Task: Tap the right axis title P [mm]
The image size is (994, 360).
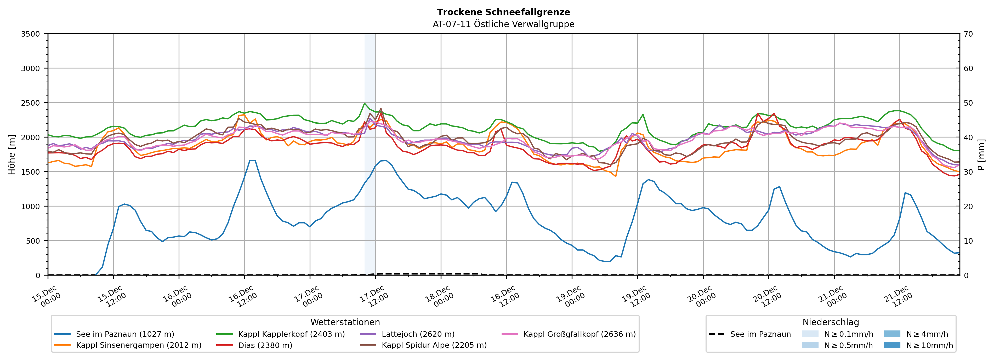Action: (x=981, y=154)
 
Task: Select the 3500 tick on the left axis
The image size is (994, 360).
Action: (x=30, y=34)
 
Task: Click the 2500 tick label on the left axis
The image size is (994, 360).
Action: (x=30, y=103)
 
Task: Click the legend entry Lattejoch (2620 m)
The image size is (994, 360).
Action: (x=418, y=334)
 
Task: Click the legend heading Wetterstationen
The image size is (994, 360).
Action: (x=345, y=322)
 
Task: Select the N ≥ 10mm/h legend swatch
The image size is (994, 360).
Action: (x=892, y=345)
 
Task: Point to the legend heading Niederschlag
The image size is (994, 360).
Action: (x=830, y=322)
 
